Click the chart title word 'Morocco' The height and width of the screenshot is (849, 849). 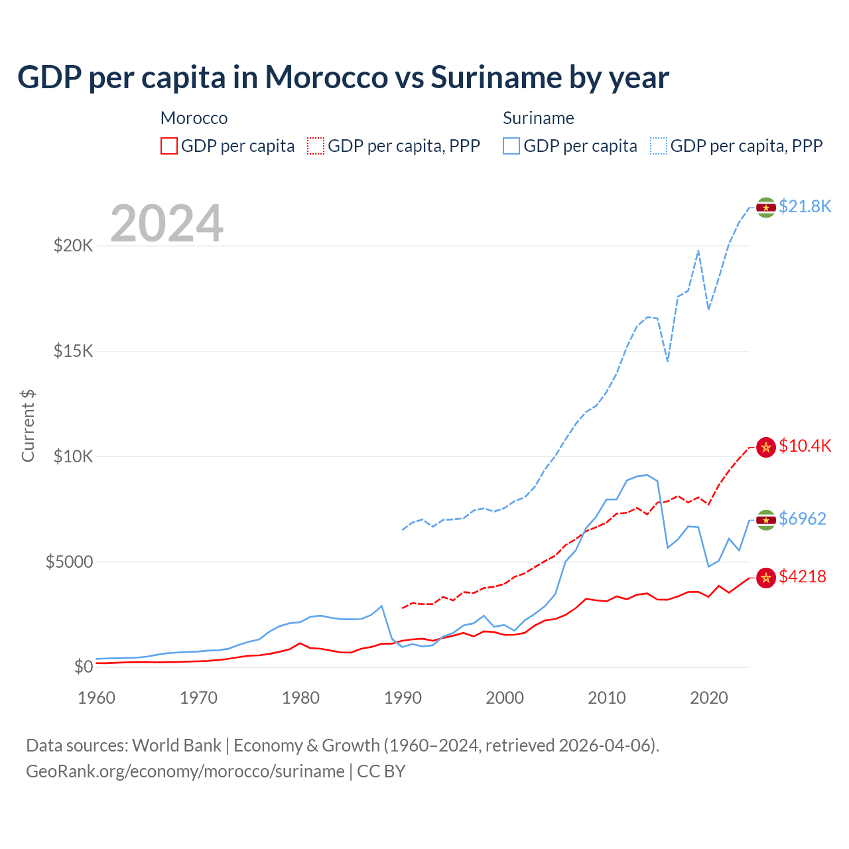coord(326,77)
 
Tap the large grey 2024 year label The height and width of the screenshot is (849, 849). coord(166,224)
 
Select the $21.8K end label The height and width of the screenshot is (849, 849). coord(805,206)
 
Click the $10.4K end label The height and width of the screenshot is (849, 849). coord(805,446)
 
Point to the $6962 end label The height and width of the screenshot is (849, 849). coord(802,519)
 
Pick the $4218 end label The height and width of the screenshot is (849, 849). coord(802,576)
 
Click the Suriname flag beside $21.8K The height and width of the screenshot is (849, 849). coord(766,208)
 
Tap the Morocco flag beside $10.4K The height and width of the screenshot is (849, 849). coord(766,447)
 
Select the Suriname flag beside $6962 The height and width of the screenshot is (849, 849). coord(766,519)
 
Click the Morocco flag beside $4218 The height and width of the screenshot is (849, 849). coord(766,578)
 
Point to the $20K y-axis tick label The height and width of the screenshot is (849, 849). coord(73,246)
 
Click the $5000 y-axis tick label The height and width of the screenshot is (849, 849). coord(69,562)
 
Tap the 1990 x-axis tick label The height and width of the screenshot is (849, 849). coord(403,698)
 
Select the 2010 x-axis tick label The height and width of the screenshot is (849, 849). coord(607,698)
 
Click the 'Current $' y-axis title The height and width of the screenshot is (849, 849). coord(28,426)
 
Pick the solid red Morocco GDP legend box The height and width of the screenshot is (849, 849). coord(169,146)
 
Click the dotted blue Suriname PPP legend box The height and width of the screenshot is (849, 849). coord(659,146)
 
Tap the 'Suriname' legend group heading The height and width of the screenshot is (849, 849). coord(538,118)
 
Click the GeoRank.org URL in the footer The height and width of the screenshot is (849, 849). coord(185,771)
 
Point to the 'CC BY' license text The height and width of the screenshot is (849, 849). coord(381,771)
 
